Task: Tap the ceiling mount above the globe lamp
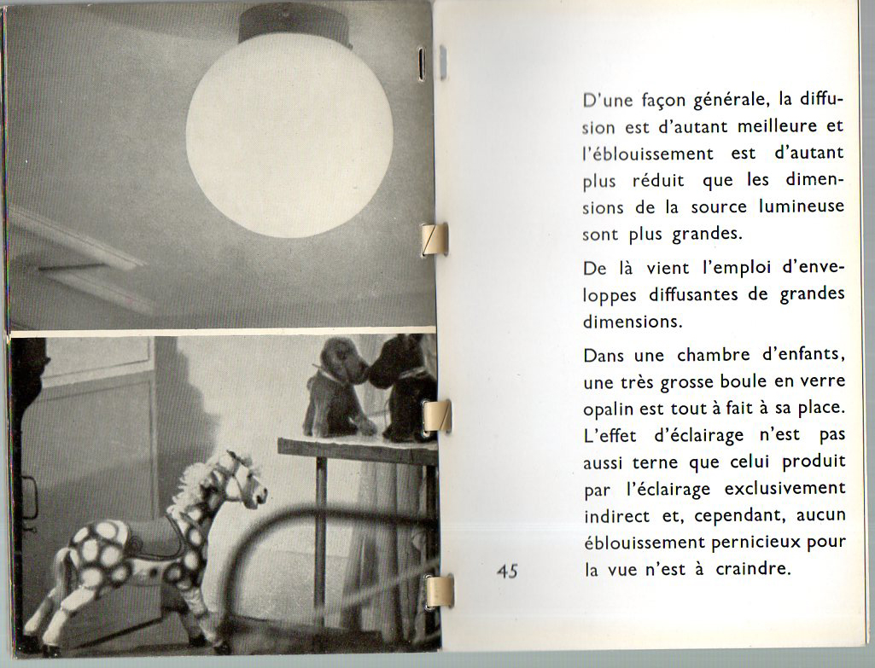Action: click(x=295, y=24)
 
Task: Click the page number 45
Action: click(x=507, y=572)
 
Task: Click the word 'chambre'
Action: click(x=714, y=354)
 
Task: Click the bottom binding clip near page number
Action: click(x=439, y=590)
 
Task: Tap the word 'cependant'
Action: click(x=705, y=516)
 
